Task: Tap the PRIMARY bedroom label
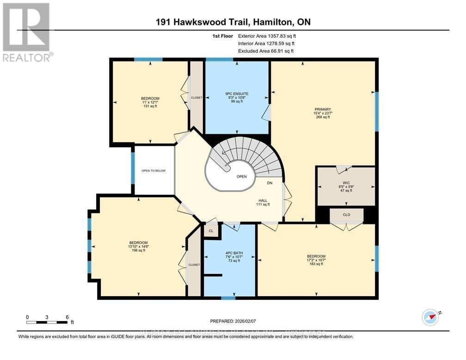coord(323,109)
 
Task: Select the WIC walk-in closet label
coord(345,181)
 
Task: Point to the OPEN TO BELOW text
coord(153,171)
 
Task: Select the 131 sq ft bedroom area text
coord(150,106)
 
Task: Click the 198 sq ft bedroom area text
coord(138,250)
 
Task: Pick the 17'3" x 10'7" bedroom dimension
coord(316,260)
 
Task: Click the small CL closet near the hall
coord(211,230)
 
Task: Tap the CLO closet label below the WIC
coord(346,215)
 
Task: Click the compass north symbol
coord(430,317)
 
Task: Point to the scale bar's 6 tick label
coord(67,317)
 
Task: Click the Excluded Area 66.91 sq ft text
coord(265,51)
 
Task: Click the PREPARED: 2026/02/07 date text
coord(233,320)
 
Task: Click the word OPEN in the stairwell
coord(241,176)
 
